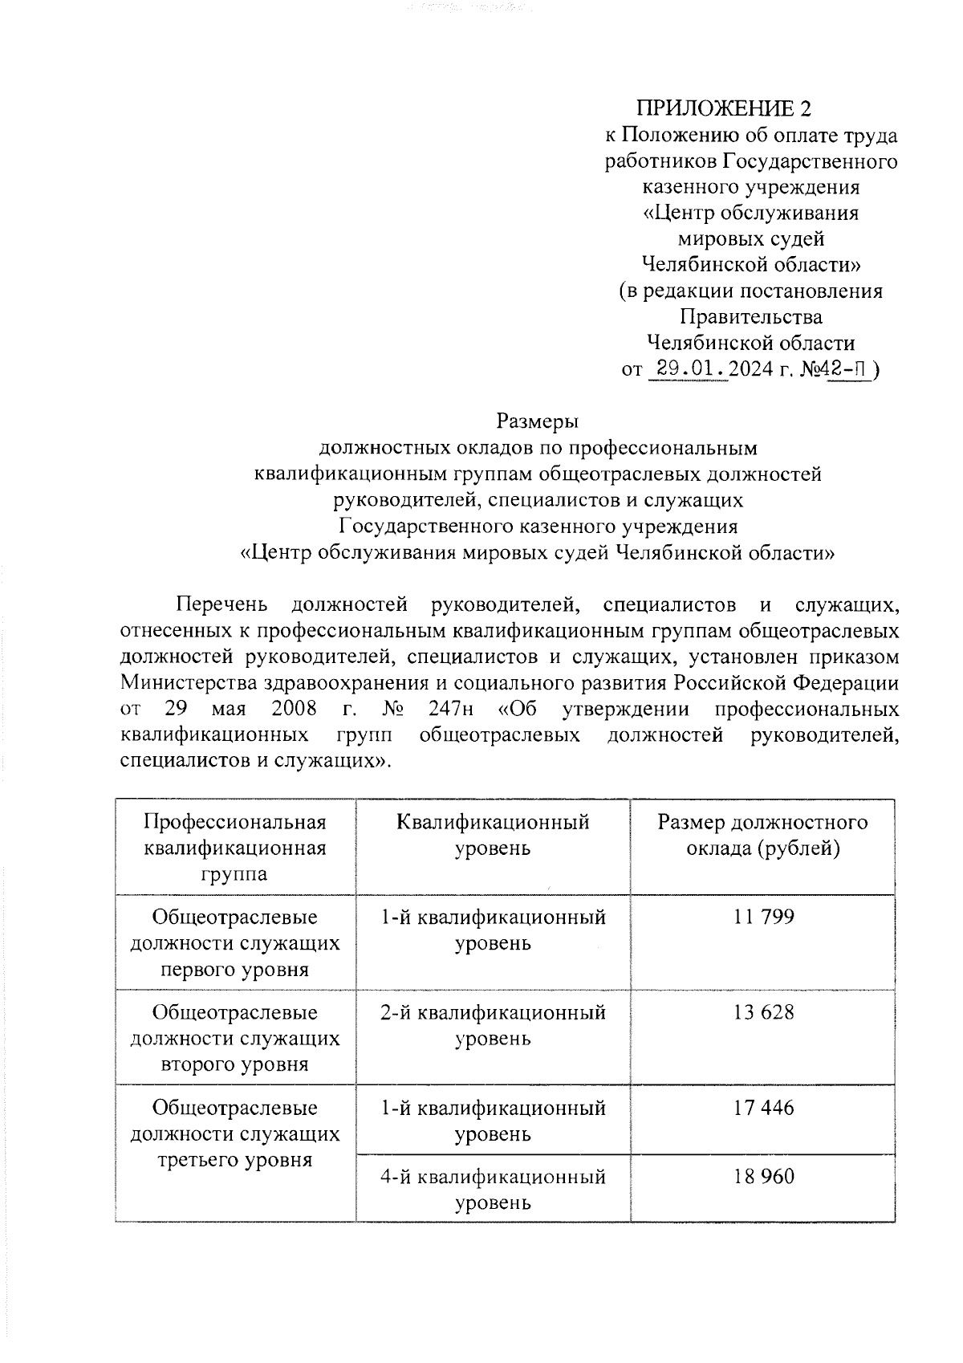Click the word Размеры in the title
pyautogui.click(x=538, y=421)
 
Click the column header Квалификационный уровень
pyautogui.click(x=493, y=835)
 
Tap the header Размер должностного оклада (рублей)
pyautogui.click(x=762, y=835)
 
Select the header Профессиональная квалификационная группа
pyautogui.click(x=235, y=848)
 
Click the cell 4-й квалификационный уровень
pyautogui.click(x=493, y=1190)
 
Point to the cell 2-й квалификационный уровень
pyautogui.click(x=493, y=1025)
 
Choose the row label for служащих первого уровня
pyautogui.click(x=235, y=943)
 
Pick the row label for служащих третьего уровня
pyautogui.click(x=235, y=1133)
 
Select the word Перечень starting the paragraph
pyautogui.click(x=222, y=604)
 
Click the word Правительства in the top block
pyautogui.click(x=750, y=317)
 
